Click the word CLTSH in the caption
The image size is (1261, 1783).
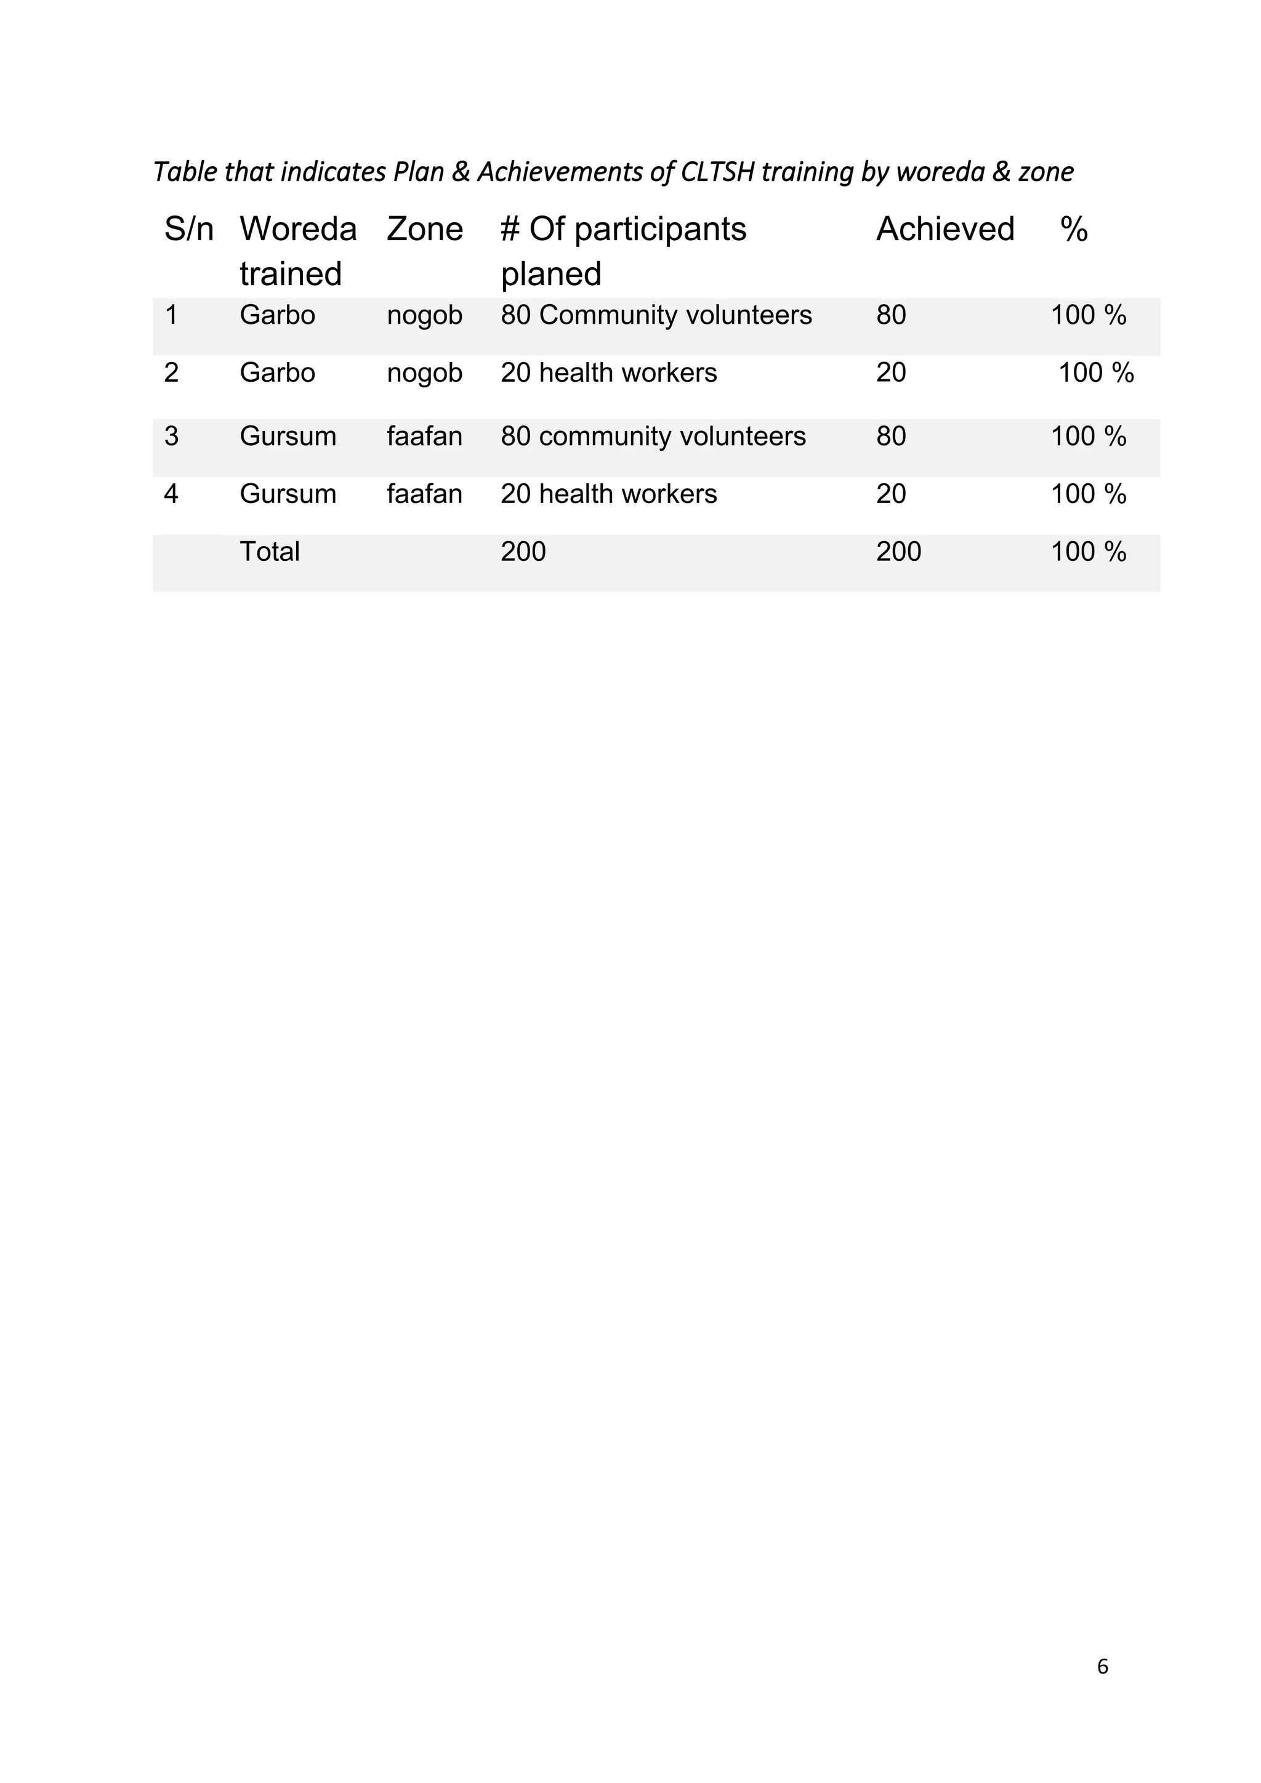pos(717,172)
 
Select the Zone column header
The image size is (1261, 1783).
pos(424,229)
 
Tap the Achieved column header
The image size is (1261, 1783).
pos(945,229)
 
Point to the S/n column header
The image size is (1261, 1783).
pos(188,229)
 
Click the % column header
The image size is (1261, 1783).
pos(1074,229)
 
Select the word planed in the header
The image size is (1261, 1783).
pos(550,274)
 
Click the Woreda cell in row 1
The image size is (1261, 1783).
pos(277,315)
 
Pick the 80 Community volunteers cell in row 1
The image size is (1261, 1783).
pos(656,315)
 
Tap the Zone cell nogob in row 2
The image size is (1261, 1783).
pos(424,372)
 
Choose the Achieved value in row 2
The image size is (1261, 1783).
pos(890,372)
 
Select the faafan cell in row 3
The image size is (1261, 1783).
pos(424,437)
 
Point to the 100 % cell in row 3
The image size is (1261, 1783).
pos(1088,437)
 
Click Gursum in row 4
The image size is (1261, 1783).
pos(288,494)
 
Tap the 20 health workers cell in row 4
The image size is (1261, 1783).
pos(609,494)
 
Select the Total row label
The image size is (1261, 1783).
pos(270,552)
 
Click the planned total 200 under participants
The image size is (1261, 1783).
pos(523,552)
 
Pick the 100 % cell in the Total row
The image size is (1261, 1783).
pos(1088,552)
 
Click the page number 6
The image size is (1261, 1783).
pos(1103,1667)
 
